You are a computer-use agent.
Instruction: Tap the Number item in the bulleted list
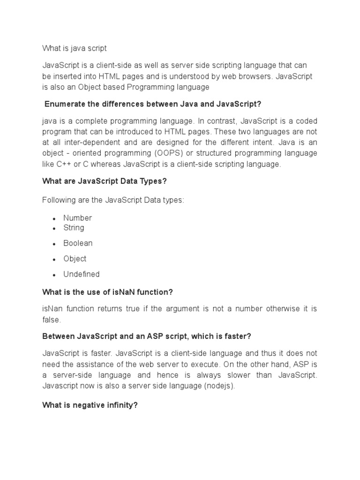click(x=77, y=218)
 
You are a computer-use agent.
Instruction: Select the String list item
click(x=74, y=228)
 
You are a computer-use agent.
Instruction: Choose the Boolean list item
click(x=78, y=243)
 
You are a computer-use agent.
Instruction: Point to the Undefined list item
click(x=82, y=274)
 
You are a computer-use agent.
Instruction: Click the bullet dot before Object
click(x=54, y=260)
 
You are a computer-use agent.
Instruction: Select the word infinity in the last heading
click(x=120, y=405)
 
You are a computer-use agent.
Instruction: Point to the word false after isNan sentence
click(x=51, y=320)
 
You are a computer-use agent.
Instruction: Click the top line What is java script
click(x=75, y=48)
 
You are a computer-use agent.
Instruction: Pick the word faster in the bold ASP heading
click(x=235, y=337)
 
